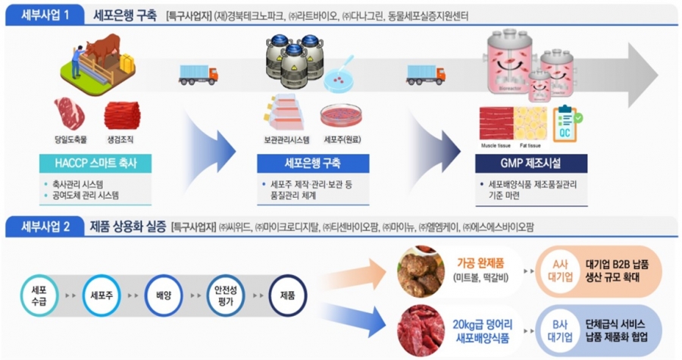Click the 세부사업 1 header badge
(41, 14)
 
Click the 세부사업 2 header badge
(41, 227)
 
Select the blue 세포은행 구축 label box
(312, 164)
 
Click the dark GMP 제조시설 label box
(530, 164)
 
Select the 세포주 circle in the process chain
(102, 296)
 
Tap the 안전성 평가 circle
(227, 296)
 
